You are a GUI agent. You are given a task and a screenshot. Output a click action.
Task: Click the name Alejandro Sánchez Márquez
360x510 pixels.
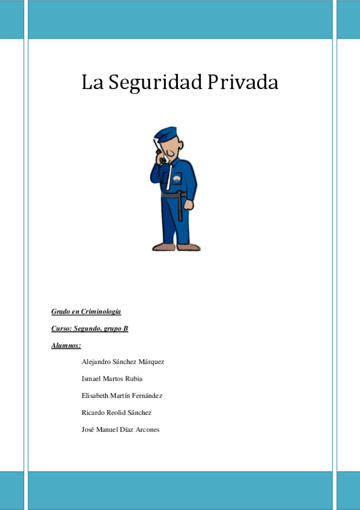[x=123, y=362]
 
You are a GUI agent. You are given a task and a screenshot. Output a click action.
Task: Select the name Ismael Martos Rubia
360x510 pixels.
[x=112, y=379]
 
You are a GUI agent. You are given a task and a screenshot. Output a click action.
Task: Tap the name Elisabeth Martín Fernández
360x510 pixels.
[x=122, y=396]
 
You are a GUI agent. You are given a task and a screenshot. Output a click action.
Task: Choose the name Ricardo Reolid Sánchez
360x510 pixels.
[x=117, y=413]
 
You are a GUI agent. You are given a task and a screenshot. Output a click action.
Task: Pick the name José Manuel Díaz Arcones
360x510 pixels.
[x=120, y=429]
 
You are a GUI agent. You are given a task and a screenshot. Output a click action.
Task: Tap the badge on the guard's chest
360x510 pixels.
[x=177, y=179]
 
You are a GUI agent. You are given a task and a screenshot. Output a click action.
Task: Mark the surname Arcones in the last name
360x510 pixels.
[x=147, y=429]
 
